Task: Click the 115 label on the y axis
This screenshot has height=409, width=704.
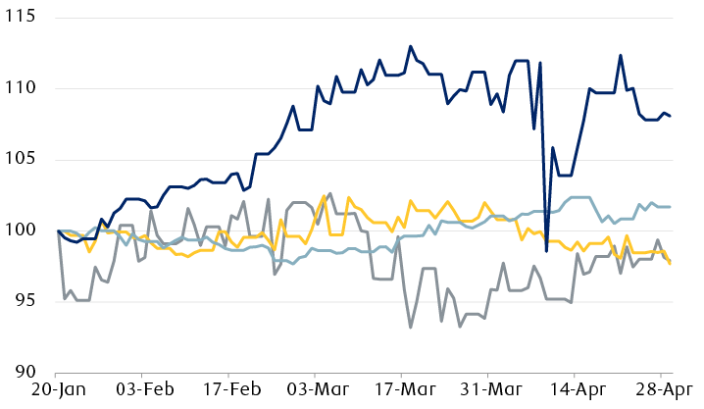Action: (x=20, y=19)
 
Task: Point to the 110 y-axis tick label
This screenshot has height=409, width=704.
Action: (x=20, y=89)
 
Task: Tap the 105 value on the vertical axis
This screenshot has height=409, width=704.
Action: (x=20, y=160)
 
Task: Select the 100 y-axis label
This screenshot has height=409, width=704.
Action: (x=20, y=230)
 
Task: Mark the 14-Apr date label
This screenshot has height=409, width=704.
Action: (x=575, y=391)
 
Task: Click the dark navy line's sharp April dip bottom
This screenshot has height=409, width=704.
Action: (x=546, y=252)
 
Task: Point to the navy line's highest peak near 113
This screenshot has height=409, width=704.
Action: (x=410, y=46)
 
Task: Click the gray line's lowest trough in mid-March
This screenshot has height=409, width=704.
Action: (x=410, y=327)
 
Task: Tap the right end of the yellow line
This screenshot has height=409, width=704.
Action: (x=670, y=264)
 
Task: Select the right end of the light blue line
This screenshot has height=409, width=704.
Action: (x=670, y=207)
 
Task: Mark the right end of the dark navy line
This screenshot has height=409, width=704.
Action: (x=670, y=116)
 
